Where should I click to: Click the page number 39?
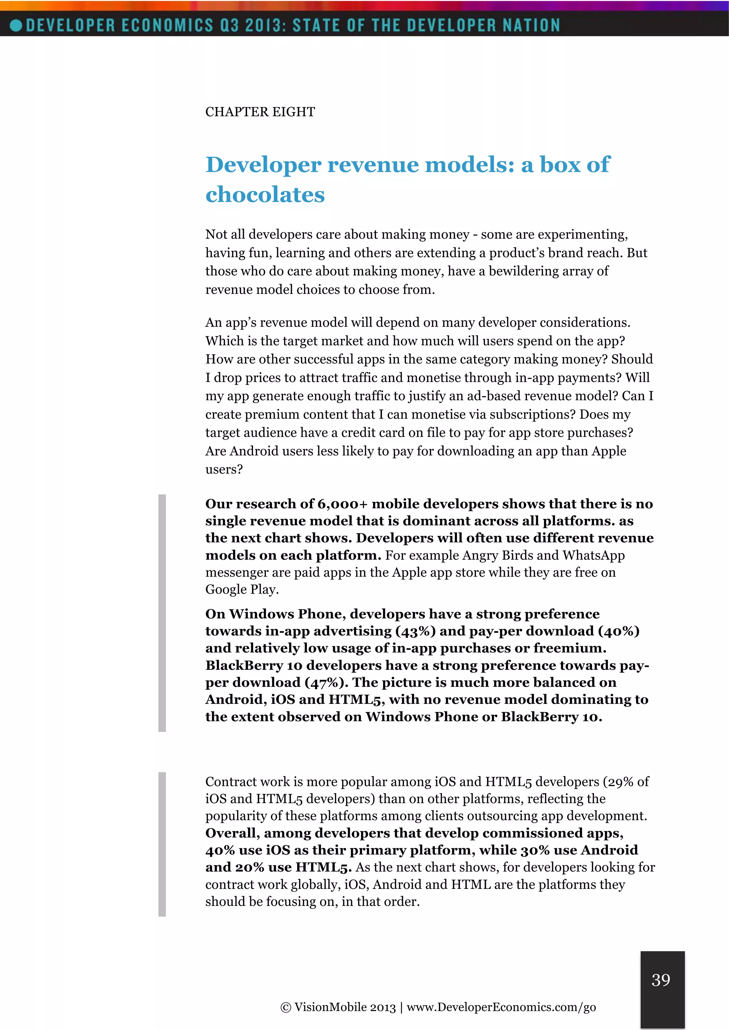click(x=661, y=980)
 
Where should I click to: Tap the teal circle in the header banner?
click(x=16, y=25)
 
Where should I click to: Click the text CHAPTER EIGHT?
click(x=260, y=112)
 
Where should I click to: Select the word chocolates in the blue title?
click(x=265, y=194)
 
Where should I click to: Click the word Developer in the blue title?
click(x=263, y=165)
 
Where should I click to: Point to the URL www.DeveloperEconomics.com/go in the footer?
click(x=501, y=1007)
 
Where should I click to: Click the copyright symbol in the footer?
click(x=285, y=1008)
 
